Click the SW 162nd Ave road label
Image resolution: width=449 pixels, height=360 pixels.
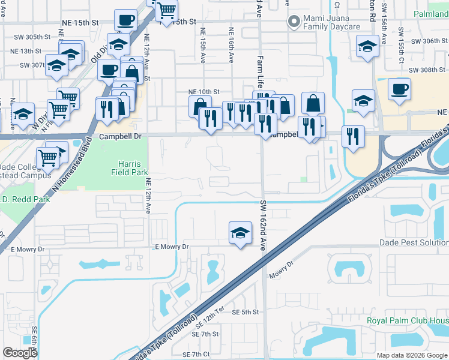click(263, 225)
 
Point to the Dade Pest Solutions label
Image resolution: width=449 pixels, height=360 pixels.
click(414, 242)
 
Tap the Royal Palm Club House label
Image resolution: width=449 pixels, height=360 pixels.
click(408, 321)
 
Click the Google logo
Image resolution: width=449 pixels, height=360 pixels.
click(20, 353)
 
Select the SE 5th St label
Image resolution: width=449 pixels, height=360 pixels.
click(245, 313)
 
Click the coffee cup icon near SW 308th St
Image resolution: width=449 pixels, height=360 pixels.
click(399, 89)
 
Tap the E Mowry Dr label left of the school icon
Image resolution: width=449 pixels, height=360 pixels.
click(172, 247)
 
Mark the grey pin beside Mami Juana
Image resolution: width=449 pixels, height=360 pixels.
click(294, 23)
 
